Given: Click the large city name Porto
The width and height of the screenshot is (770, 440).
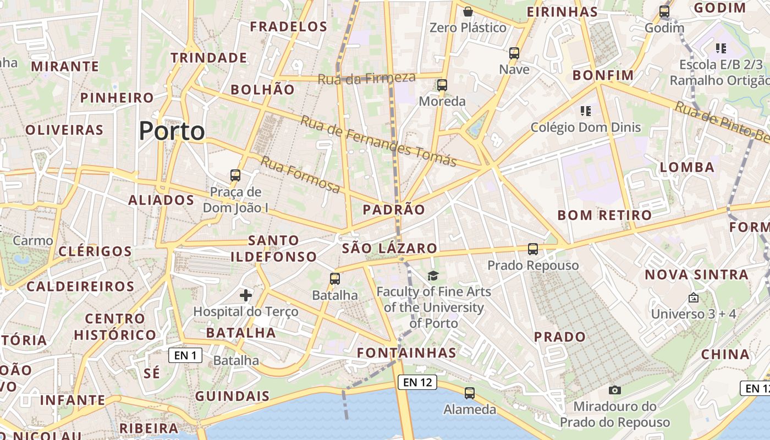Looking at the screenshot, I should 172,131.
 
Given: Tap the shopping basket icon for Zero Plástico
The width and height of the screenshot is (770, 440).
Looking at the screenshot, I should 468,11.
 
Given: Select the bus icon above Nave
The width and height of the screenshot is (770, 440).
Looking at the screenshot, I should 514,53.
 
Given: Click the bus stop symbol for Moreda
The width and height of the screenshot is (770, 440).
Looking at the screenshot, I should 442,85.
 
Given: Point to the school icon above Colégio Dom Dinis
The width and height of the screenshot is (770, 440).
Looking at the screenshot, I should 585,111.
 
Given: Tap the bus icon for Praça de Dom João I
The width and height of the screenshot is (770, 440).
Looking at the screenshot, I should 235,175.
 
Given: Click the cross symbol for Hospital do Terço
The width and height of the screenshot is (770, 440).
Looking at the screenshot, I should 246,295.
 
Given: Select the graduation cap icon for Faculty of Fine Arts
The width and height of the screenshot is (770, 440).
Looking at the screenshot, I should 433,275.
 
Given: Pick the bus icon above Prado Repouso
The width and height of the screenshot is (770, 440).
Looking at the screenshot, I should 533,249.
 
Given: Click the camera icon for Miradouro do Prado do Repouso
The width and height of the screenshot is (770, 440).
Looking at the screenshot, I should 615,390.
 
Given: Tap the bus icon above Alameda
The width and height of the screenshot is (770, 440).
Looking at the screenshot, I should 470,393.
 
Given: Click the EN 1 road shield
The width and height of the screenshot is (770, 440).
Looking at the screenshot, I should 185,355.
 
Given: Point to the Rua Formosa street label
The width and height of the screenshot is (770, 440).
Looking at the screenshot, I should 300,174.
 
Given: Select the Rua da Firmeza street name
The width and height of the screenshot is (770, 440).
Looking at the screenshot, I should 366,78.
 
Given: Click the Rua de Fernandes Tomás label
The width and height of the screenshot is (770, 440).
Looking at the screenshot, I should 378,141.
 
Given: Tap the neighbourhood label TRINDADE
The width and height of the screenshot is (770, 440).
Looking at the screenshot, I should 208,58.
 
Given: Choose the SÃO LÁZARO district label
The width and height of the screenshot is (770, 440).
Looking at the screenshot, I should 389,248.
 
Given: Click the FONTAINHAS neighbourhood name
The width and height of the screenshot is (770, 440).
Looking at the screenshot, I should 406,353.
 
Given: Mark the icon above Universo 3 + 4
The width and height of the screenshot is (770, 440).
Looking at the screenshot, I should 693,298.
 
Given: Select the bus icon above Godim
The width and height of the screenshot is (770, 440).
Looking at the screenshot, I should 664,11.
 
